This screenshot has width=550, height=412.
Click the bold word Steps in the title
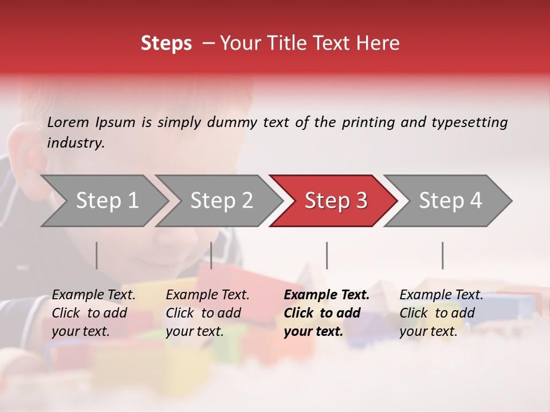[166, 43]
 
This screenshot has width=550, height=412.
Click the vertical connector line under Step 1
[97, 255]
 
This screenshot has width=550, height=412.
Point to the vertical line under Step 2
[211, 255]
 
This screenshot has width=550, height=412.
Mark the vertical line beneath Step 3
[327, 255]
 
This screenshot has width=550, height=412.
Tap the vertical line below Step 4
[442, 255]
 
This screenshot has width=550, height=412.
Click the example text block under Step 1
[93, 313]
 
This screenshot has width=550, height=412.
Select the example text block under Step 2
[207, 313]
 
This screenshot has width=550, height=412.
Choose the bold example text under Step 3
[327, 313]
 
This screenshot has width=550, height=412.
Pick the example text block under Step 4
[441, 313]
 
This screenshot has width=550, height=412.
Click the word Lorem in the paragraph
[68, 122]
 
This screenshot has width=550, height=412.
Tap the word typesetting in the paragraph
[469, 122]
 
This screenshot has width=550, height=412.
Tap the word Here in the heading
[378, 43]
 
